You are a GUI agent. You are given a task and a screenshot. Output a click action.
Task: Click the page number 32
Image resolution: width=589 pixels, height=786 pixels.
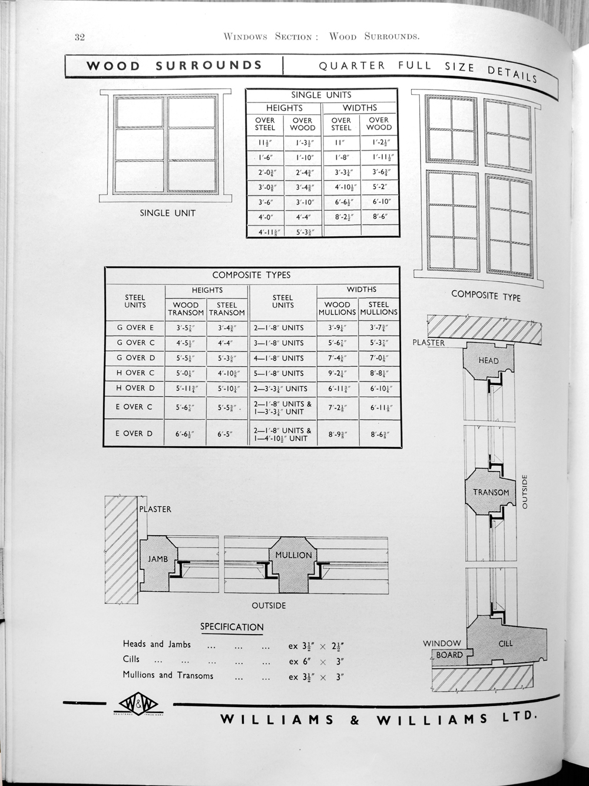click(81, 38)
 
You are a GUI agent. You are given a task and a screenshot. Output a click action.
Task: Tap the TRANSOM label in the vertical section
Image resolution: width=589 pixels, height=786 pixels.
click(491, 492)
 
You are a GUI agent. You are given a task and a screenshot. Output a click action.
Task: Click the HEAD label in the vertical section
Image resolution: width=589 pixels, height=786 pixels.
click(488, 360)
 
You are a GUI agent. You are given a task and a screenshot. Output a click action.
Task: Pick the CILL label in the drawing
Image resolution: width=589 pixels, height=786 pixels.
click(506, 644)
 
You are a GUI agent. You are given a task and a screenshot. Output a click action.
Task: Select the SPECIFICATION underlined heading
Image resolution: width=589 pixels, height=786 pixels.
click(231, 626)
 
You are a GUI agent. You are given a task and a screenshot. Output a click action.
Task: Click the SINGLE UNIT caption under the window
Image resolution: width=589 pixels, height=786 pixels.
click(167, 213)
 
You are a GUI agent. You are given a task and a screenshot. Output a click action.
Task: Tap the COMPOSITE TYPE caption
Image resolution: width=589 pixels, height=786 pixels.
click(486, 295)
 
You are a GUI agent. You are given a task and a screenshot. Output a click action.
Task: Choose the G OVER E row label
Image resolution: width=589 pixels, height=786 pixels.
click(135, 327)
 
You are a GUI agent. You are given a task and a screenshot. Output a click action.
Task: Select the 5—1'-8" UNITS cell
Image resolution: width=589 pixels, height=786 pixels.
click(283, 373)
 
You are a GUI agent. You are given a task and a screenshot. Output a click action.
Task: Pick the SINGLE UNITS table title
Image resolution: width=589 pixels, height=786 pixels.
click(321, 95)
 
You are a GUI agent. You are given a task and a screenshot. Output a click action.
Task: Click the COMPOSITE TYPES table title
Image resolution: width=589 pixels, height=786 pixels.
click(251, 275)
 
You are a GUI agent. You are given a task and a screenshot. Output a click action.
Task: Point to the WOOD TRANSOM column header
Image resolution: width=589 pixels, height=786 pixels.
click(186, 309)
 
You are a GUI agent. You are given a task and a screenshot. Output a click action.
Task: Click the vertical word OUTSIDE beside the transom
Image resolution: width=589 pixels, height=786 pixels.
click(525, 491)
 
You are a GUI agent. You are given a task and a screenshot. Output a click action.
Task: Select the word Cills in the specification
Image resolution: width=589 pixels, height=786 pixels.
click(131, 659)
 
